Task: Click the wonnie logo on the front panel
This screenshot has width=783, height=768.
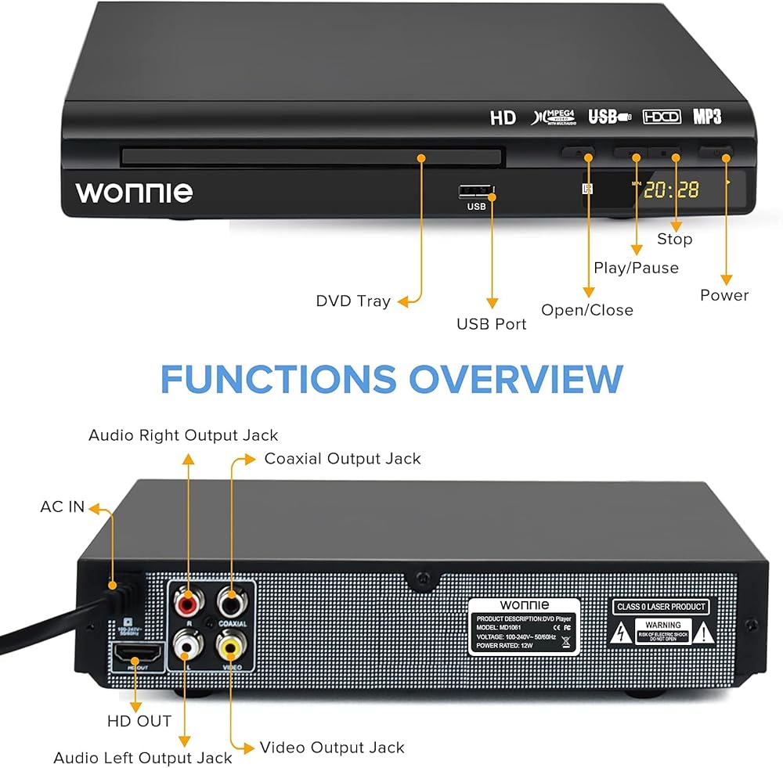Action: (x=134, y=192)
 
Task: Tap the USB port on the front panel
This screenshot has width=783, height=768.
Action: (x=474, y=190)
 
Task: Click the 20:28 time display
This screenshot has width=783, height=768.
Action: (x=671, y=189)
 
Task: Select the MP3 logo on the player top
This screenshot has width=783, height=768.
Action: (x=706, y=117)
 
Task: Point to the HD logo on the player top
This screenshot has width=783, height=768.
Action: (x=503, y=118)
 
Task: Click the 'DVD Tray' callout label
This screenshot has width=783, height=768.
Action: (x=352, y=301)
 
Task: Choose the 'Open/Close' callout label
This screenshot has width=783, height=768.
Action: (x=587, y=310)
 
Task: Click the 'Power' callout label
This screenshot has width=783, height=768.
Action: (x=724, y=295)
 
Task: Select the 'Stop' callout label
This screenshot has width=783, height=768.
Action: (x=674, y=239)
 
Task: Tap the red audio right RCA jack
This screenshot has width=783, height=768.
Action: (x=187, y=604)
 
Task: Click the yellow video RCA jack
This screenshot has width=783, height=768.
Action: (x=230, y=647)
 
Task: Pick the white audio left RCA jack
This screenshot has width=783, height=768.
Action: (x=186, y=645)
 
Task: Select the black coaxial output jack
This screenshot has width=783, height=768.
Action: (x=230, y=603)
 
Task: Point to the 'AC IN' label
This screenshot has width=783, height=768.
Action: (x=62, y=507)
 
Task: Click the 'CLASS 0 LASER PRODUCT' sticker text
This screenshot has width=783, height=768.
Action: (x=659, y=607)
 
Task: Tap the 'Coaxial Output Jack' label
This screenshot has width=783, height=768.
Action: (x=342, y=459)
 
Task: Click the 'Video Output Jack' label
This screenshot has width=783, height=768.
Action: (x=332, y=748)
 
